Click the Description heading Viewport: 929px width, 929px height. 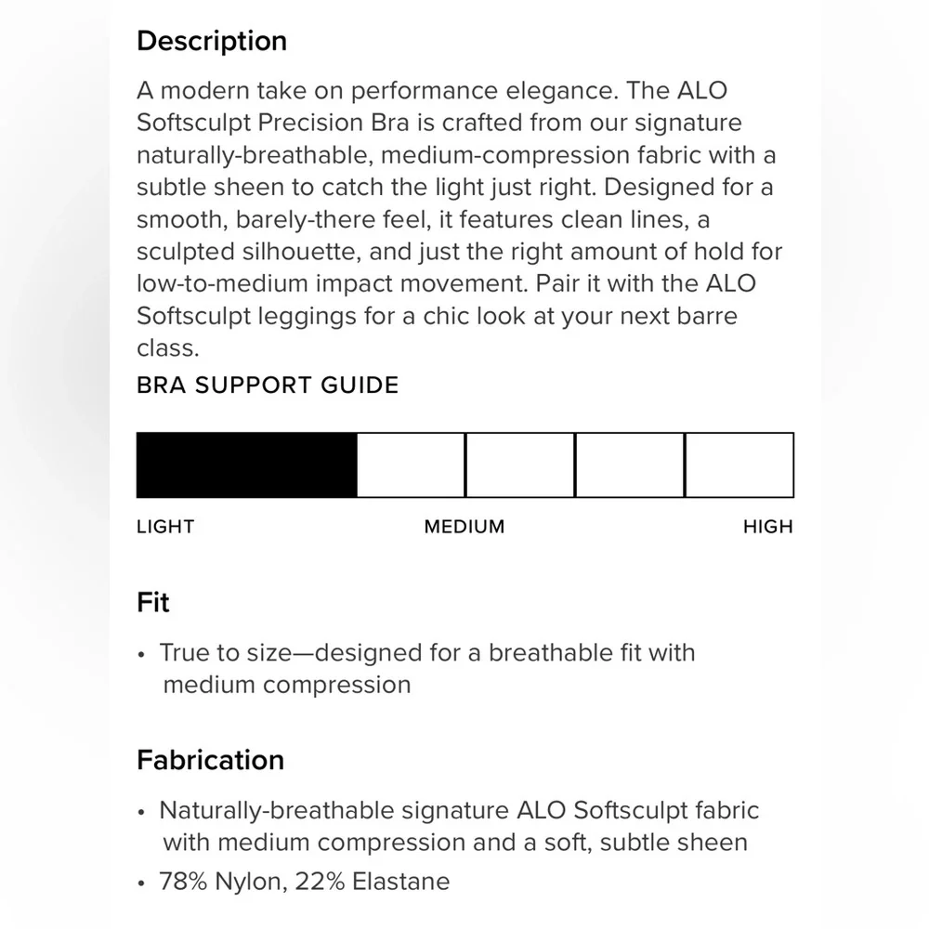(x=212, y=41)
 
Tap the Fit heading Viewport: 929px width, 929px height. (x=153, y=603)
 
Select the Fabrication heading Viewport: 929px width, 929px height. (x=210, y=760)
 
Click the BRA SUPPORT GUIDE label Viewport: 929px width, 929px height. (x=268, y=385)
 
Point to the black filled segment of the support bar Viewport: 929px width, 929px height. (x=246, y=464)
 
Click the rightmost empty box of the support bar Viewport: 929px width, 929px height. (x=739, y=464)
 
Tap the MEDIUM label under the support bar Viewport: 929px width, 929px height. (x=464, y=527)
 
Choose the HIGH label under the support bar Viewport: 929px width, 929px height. (x=768, y=527)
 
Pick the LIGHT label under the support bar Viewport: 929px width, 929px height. (x=165, y=527)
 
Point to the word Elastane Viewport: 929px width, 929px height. (x=400, y=881)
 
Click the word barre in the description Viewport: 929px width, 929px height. (x=705, y=316)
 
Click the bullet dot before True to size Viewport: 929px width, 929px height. (x=141, y=654)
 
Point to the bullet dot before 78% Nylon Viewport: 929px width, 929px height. (x=141, y=883)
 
